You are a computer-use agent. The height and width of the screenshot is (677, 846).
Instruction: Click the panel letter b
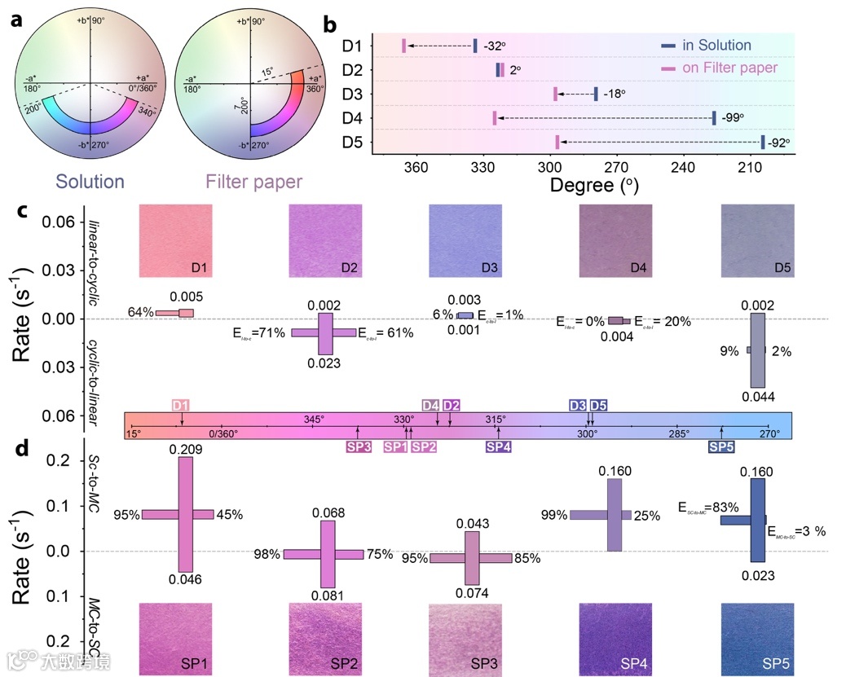(330, 24)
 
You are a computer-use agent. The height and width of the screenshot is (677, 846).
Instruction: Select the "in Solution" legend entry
(716, 46)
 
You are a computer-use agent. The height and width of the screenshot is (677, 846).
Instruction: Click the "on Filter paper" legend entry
(729, 68)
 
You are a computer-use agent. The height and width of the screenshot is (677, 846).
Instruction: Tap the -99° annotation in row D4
(734, 118)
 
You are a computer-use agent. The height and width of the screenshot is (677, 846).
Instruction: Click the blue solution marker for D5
(763, 143)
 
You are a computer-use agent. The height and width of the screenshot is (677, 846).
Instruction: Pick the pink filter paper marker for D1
(403, 46)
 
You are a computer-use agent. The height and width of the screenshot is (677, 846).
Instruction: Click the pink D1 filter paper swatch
(176, 240)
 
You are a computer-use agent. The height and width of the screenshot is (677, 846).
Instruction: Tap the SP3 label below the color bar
(358, 446)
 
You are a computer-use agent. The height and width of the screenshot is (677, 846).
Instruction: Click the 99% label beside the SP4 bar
(554, 515)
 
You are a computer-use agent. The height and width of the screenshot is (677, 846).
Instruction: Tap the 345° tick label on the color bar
(315, 419)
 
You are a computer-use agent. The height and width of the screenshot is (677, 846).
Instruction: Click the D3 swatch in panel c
(465, 240)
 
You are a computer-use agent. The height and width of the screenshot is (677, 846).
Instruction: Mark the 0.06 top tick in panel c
(67, 222)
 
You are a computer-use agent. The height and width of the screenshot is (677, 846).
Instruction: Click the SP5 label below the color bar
(721, 446)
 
